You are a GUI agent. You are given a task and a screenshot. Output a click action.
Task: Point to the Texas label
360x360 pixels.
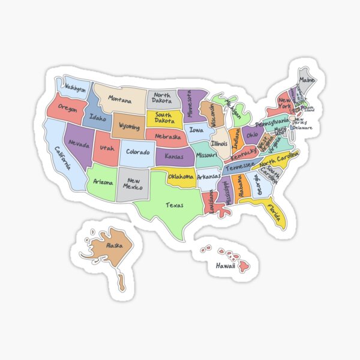175,205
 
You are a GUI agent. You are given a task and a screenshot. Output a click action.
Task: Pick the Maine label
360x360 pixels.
307,80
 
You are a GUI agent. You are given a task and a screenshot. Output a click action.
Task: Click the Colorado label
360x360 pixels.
137,152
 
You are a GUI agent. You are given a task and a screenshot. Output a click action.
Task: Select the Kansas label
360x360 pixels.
174,156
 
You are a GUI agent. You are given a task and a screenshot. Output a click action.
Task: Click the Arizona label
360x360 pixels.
103,181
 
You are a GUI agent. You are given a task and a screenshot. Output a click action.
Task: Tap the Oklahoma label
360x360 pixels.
181,176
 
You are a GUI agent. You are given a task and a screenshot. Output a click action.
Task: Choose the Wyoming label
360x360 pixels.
129,127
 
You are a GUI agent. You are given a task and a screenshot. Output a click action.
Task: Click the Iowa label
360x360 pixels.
196,129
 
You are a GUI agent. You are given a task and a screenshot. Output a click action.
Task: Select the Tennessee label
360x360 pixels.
240,166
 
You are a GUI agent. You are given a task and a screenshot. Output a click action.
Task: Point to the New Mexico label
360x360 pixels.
133,183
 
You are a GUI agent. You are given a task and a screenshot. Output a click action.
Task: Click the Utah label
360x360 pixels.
107,148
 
